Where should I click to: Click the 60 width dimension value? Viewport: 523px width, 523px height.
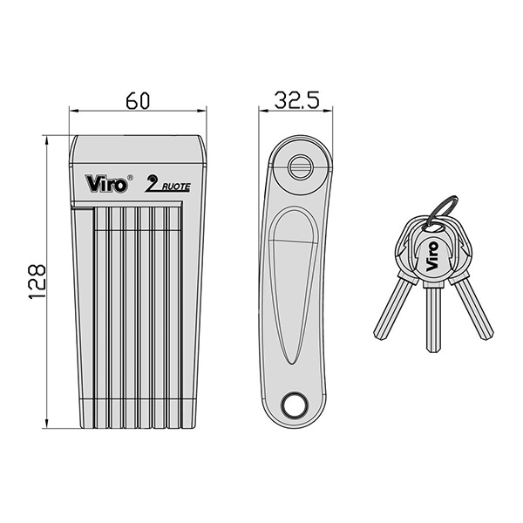pos(138,101)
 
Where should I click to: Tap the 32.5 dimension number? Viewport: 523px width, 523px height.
pos(296,99)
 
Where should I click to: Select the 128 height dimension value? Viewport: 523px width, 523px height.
pos(37,282)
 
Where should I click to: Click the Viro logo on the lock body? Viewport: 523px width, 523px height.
pos(106,183)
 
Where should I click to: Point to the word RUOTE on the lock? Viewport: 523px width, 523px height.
pos(176,187)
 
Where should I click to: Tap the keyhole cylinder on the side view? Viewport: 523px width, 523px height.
pos(300,166)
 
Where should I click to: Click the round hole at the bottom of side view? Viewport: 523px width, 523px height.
pos(295,404)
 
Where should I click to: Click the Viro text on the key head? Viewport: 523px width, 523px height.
pos(432,255)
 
